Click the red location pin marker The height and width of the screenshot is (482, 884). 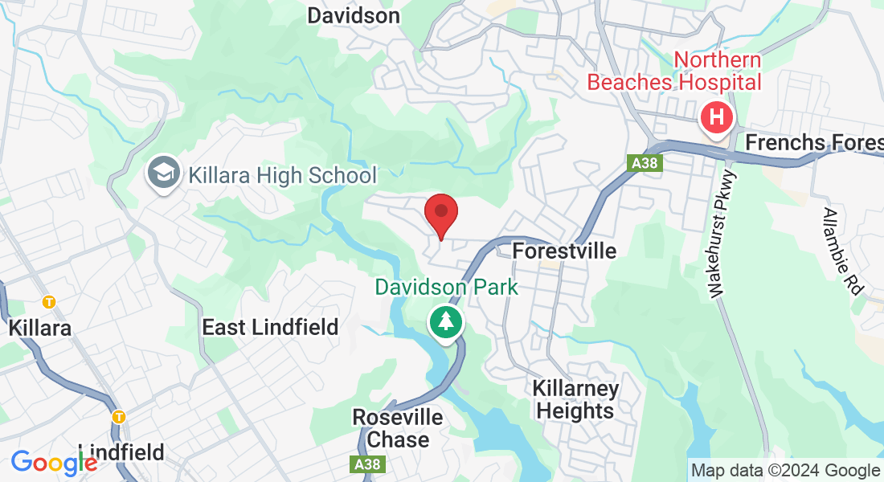point(441,214)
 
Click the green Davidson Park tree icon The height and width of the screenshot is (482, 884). point(444,322)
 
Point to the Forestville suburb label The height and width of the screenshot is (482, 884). point(564,251)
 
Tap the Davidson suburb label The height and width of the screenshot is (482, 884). point(354,15)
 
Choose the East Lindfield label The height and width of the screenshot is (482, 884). point(270,327)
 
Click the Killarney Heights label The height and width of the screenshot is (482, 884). point(575,400)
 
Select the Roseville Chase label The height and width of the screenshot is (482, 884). point(397,428)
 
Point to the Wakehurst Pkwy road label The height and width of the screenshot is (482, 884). point(721,235)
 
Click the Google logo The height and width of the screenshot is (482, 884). point(54,462)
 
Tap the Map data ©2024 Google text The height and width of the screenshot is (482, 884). point(786,471)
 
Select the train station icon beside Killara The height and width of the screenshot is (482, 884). point(49,302)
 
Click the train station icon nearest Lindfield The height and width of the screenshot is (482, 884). point(119,417)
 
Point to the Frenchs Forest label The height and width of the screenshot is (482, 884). point(814,142)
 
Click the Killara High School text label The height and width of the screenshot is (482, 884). point(282,174)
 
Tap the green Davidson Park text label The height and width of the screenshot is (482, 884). point(447,286)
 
